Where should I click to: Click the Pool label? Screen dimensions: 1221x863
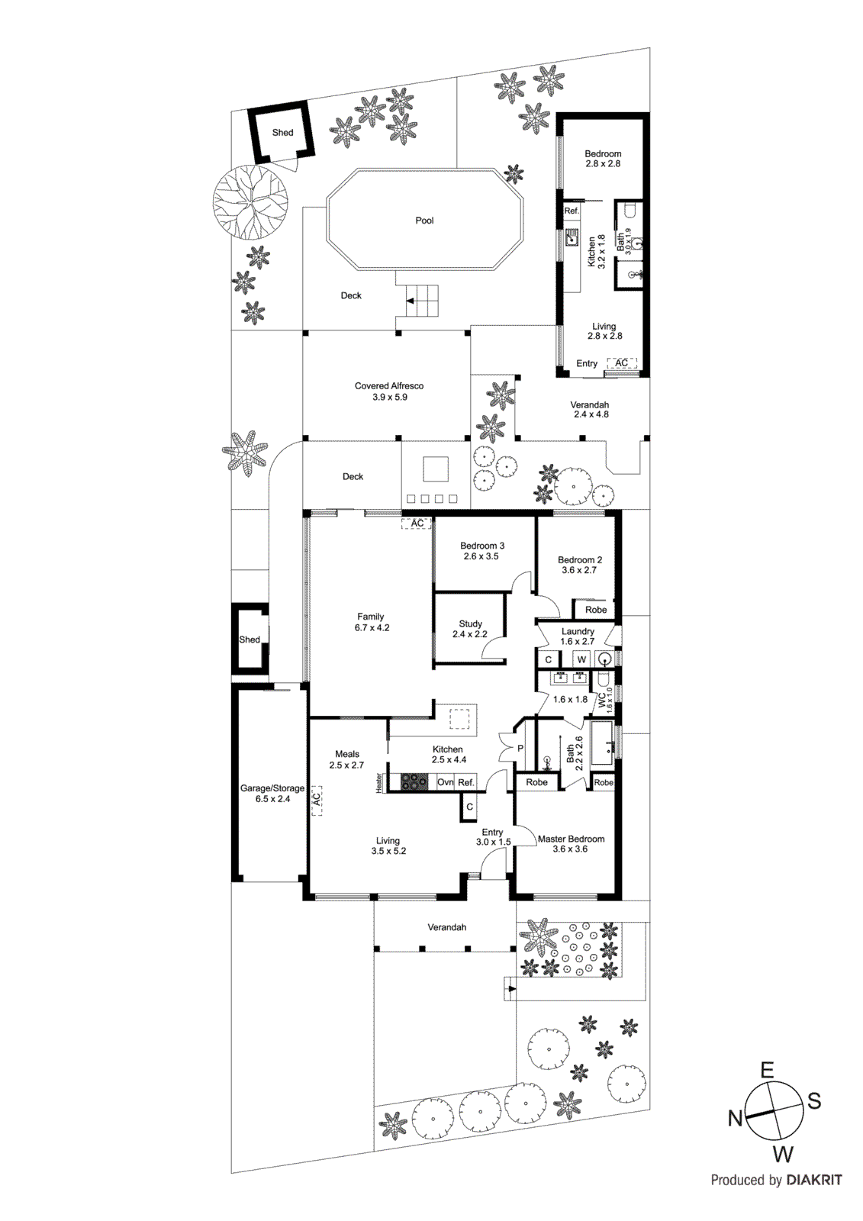[424, 221]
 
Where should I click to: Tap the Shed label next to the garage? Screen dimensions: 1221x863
[250, 639]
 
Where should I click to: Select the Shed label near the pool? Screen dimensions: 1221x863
[282, 133]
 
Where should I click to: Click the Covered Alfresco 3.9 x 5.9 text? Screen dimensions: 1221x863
[389, 391]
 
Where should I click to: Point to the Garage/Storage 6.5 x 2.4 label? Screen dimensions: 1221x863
[272, 794]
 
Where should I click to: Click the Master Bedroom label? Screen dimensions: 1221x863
[571, 839]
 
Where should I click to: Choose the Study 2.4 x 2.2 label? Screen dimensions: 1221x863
[470, 629]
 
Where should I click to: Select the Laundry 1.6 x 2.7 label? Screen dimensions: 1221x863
[578, 636]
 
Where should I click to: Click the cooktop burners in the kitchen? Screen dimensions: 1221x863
[414, 782]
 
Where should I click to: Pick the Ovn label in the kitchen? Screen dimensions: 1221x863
[446, 782]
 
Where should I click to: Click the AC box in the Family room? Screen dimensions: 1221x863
[417, 524]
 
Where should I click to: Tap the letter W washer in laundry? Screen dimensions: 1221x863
[581, 659]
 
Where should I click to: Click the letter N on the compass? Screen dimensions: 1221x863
[735, 1118]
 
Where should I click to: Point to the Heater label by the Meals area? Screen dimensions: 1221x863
[378, 783]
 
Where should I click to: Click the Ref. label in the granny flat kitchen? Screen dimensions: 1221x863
[572, 211]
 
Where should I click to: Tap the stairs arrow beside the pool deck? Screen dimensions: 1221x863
[411, 301]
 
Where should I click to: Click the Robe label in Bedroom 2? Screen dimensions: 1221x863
[596, 610]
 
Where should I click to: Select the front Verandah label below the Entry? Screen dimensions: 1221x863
[446, 927]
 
